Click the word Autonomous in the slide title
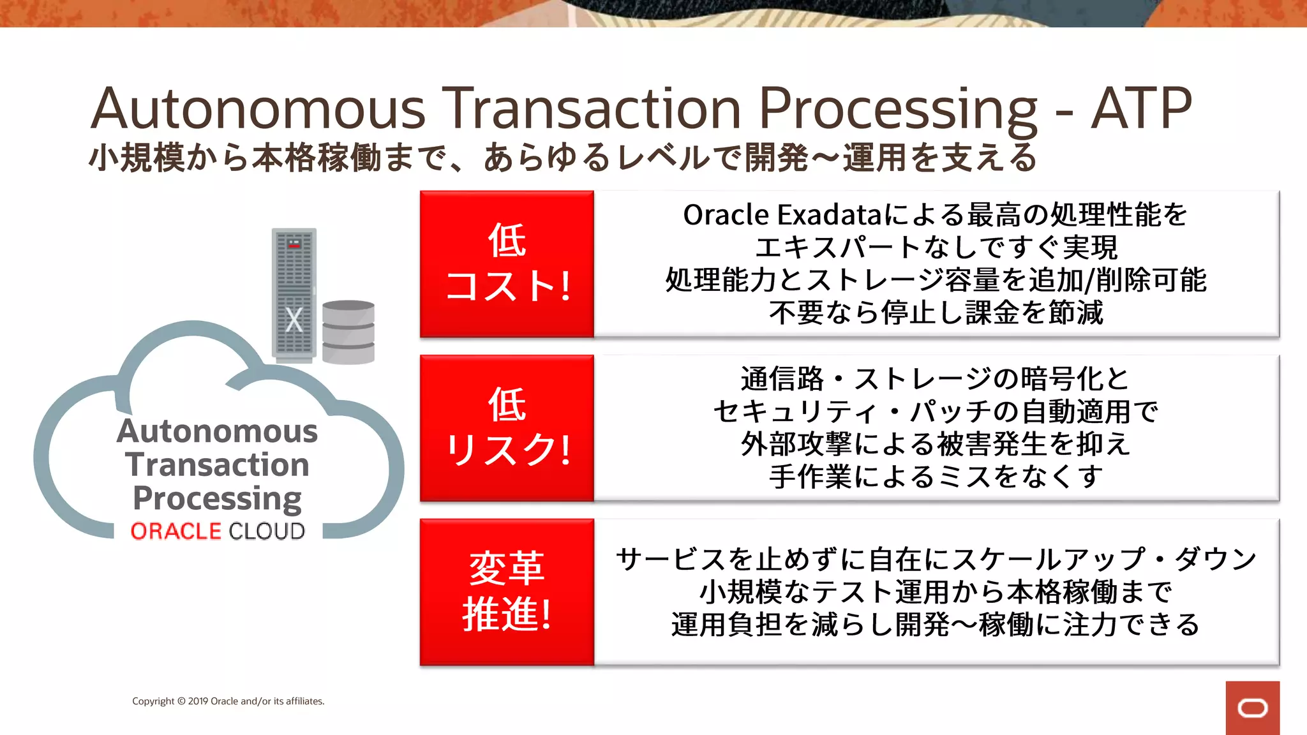click(x=258, y=108)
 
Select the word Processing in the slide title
click(x=899, y=110)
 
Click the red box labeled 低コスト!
click(x=507, y=264)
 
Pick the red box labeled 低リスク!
click(x=507, y=427)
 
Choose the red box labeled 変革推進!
click(x=507, y=591)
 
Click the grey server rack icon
click(x=294, y=293)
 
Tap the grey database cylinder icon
click(x=348, y=332)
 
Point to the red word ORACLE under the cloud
click(x=176, y=531)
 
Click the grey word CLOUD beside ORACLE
click(x=267, y=531)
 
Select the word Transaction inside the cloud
click(x=217, y=464)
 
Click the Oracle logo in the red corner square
click(x=1252, y=708)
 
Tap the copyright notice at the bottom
click(x=228, y=701)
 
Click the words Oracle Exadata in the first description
click(x=782, y=215)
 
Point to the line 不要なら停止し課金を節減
click(x=936, y=313)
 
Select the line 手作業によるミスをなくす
click(x=936, y=477)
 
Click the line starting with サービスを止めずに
click(x=936, y=560)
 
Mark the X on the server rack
click(x=294, y=320)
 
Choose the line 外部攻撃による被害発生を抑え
click(x=936, y=444)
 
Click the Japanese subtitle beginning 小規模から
click(x=562, y=158)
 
